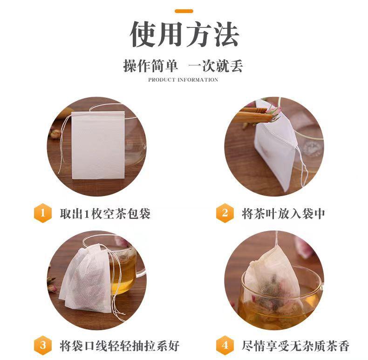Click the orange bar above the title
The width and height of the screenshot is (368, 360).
pos(184,10)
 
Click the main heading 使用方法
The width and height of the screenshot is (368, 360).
pos(184,35)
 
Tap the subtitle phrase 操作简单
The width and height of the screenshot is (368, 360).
pos(150,66)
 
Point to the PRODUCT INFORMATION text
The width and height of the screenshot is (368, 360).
pos(183,80)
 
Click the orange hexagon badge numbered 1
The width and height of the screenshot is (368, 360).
pos(43,214)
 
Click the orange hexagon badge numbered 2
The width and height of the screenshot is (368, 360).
pos(225,214)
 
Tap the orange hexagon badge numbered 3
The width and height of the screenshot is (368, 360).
pos(43,346)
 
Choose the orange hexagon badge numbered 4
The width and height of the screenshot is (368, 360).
pos(225,346)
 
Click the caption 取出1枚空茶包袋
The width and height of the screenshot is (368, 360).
pos(105,214)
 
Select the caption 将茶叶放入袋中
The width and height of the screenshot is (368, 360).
pos(283,214)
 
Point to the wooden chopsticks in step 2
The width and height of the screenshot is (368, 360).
pos(252,115)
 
